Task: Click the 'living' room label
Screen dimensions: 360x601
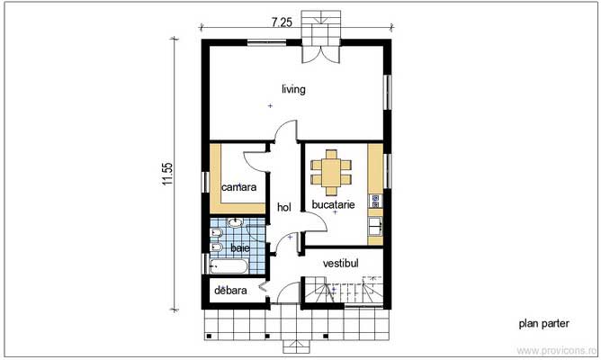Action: pyautogui.click(x=293, y=89)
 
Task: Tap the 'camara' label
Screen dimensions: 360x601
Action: pyautogui.click(x=239, y=187)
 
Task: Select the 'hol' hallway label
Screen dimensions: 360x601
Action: pyautogui.click(x=284, y=207)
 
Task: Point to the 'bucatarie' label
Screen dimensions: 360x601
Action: pyautogui.click(x=334, y=205)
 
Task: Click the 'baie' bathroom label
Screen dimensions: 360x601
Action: pyautogui.click(x=239, y=247)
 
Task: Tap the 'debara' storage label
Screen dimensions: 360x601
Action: pyautogui.click(x=230, y=291)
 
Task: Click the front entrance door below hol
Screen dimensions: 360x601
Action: pyautogui.click(x=288, y=296)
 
